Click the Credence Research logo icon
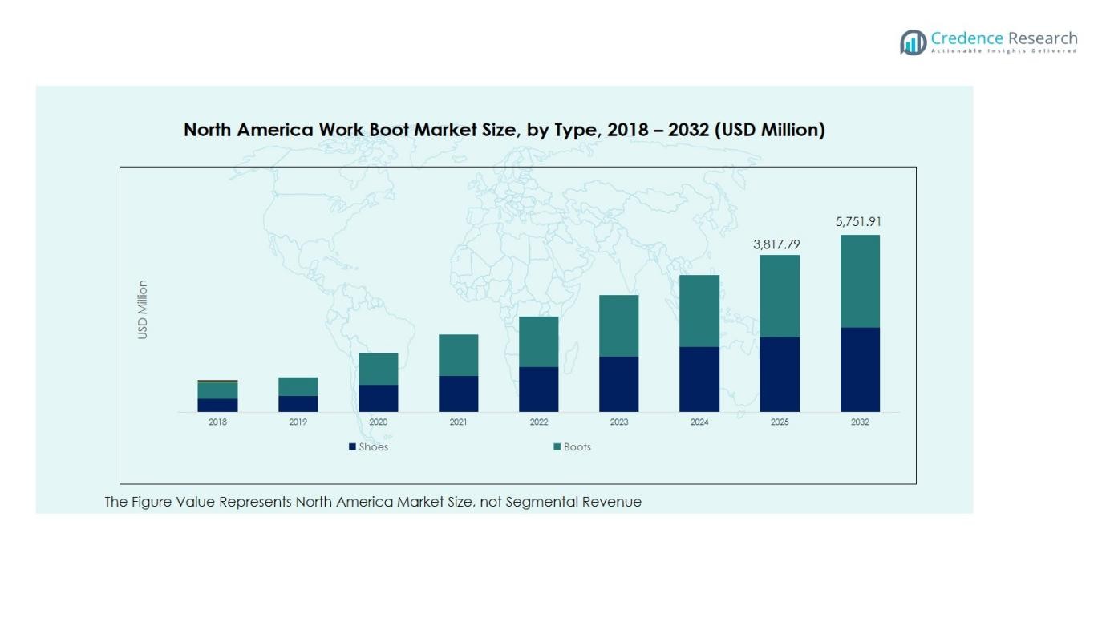click(x=913, y=42)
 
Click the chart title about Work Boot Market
click(x=504, y=130)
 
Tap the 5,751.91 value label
click(x=858, y=222)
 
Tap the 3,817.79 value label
click(x=777, y=244)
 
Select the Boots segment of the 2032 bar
click(x=860, y=281)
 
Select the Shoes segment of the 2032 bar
click(x=860, y=370)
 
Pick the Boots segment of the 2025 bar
click(x=780, y=296)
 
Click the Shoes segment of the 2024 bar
click(x=699, y=379)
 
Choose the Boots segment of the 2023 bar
click(x=619, y=325)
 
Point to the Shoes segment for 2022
click(x=539, y=390)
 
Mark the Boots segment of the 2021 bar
click(x=459, y=355)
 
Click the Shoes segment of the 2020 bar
click(x=379, y=398)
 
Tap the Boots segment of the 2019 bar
click(x=298, y=386)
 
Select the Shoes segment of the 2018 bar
click(x=218, y=406)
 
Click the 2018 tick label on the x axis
click(x=218, y=422)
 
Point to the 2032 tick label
click(x=860, y=422)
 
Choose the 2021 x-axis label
click(x=459, y=422)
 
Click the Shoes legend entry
click(x=369, y=447)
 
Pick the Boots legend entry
click(x=573, y=447)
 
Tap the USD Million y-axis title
click(x=144, y=309)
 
